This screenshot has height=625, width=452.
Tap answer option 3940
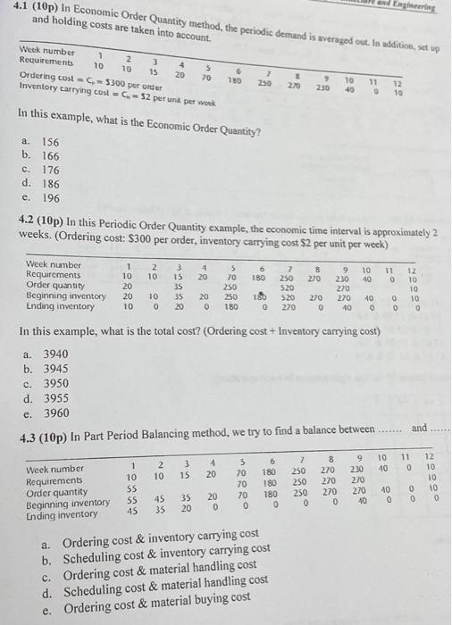[x=48, y=354]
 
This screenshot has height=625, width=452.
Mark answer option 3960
[x=48, y=412]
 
